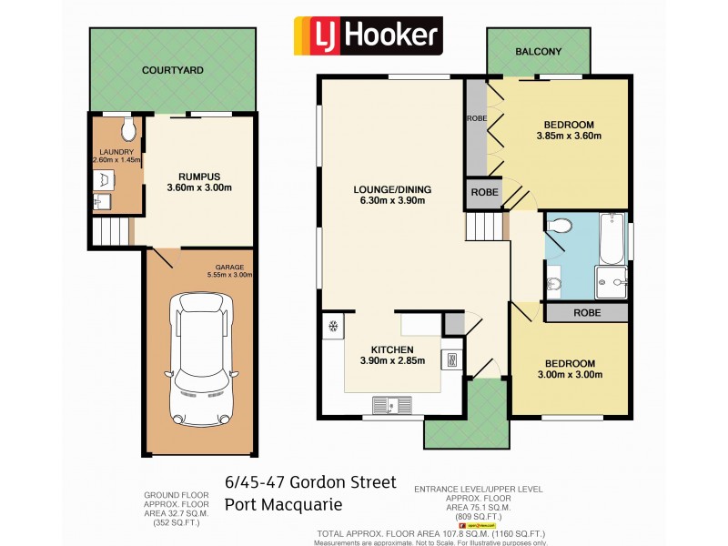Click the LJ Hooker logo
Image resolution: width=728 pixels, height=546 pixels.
tap(367, 36)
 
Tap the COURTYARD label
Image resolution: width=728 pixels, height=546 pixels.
tap(172, 70)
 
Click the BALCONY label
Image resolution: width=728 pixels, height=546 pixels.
tap(538, 52)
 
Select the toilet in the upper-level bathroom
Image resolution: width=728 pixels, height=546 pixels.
tap(561, 225)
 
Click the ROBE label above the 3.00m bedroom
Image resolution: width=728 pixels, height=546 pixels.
tap(587, 311)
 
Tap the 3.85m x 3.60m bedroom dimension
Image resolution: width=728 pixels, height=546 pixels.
tap(569, 136)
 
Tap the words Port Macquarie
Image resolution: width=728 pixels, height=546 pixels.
tap(282, 504)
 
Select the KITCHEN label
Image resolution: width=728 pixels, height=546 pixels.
tap(392, 349)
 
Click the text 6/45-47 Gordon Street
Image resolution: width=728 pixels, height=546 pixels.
tap(309, 482)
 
